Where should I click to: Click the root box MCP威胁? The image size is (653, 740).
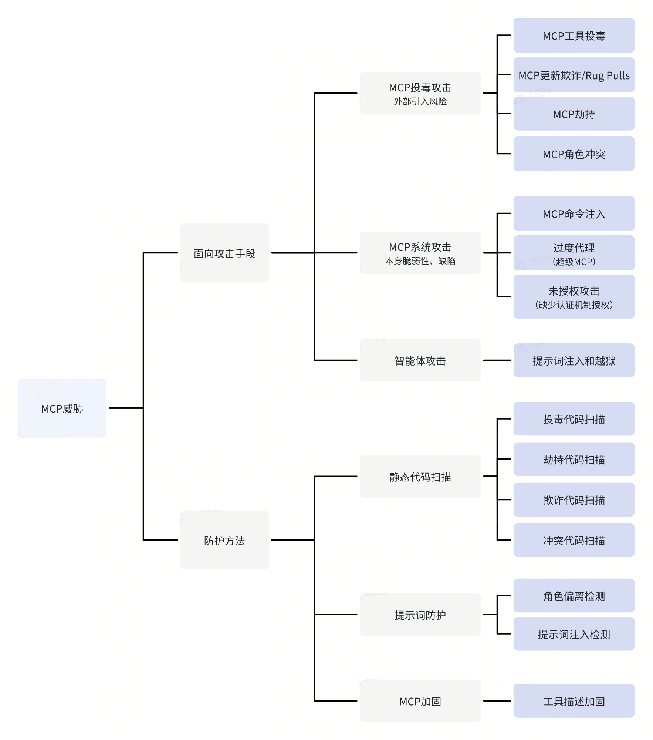pyautogui.click(x=62, y=408)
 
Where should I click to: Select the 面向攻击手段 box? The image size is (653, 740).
pyautogui.click(x=224, y=253)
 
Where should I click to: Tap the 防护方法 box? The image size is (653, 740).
pyautogui.click(x=224, y=540)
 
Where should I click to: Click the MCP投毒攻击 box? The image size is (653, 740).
pyautogui.click(x=420, y=93)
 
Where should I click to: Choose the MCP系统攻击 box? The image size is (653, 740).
pyautogui.click(x=420, y=253)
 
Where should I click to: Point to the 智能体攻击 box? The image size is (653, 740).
pyautogui.click(x=420, y=360)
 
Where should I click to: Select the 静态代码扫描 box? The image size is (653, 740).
pyautogui.click(x=420, y=477)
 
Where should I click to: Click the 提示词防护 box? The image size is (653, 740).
pyautogui.click(x=420, y=615)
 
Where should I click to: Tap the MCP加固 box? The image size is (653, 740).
pyautogui.click(x=420, y=701)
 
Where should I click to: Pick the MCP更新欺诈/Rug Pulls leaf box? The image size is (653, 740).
pyautogui.click(x=574, y=75)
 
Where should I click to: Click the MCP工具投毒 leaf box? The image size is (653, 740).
pyautogui.click(x=574, y=36)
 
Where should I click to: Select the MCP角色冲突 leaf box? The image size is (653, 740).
pyautogui.click(x=574, y=154)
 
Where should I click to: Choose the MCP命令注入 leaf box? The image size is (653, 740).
pyautogui.click(x=574, y=214)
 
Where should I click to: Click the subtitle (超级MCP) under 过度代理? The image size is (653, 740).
pyautogui.click(x=574, y=262)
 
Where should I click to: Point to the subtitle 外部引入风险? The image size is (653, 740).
pyautogui.click(x=420, y=101)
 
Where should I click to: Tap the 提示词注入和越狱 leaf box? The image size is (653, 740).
pyautogui.click(x=574, y=361)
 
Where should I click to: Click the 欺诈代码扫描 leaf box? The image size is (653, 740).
pyautogui.click(x=574, y=500)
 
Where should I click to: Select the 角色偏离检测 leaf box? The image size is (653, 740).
pyautogui.click(x=574, y=596)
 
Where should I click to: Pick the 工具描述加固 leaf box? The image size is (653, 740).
pyautogui.click(x=574, y=701)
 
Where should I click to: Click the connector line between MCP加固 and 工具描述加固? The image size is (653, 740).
pyautogui.click(x=497, y=701)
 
